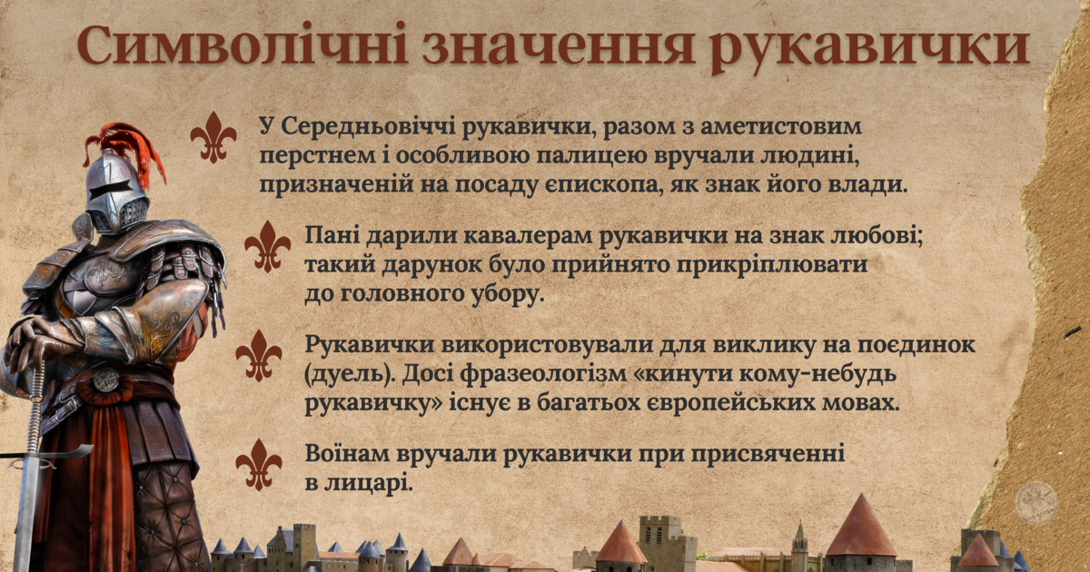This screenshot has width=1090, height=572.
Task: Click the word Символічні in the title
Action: (243, 44)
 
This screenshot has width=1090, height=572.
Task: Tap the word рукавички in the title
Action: (869, 47)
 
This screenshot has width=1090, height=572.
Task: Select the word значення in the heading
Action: (559, 46)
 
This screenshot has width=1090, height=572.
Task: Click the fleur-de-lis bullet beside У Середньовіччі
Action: (213, 137)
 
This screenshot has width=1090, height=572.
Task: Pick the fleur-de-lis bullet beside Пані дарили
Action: (267, 246)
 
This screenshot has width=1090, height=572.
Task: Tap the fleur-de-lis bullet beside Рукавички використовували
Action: (259, 356)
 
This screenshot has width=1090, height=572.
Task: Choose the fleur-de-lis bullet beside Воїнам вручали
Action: (259, 465)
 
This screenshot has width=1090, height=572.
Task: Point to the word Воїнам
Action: (346, 454)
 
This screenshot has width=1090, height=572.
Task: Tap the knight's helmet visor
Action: (111, 189)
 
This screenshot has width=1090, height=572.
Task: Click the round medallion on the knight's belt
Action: (105, 380)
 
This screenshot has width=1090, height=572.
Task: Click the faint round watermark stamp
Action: (1036, 503)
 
